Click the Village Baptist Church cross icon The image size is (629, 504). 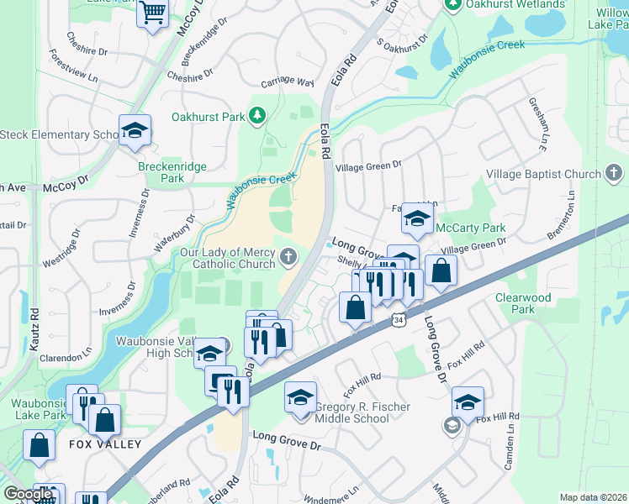(x=615, y=174)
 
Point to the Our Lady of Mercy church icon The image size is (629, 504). (x=289, y=257)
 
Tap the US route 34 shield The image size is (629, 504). (x=398, y=319)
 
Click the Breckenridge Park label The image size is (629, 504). (x=172, y=172)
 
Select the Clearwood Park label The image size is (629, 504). (x=522, y=303)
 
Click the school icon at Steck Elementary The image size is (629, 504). (x=134, y=130)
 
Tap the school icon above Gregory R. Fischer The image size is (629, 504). (x=300, y=396)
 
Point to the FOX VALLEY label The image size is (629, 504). (x=105, y=444)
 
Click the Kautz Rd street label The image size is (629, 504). (x=34, y=323)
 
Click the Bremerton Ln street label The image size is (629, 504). (x=561, y=215)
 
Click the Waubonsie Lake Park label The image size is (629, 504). (x=38, y=409)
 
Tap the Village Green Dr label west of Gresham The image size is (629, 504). (x=368, y=166)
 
